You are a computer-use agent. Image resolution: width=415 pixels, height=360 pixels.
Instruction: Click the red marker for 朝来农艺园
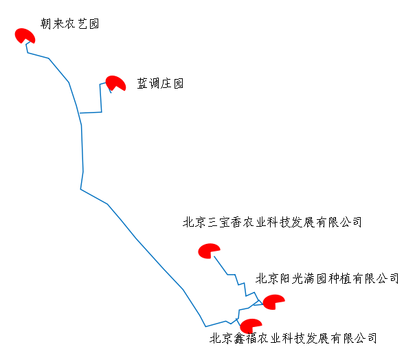tap(25, 36)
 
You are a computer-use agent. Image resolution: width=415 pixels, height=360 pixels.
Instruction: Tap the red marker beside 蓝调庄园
tap(115, 83)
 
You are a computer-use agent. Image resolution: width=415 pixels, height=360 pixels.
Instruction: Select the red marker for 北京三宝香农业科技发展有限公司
tap(208, 251)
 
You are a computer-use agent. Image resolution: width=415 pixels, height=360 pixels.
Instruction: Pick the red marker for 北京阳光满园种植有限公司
tap(273, 302)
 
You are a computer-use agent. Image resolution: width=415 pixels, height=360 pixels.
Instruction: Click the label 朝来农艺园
tap(70, 24)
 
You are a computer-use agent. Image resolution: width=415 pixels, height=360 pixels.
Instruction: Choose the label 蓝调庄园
tap(160, 84)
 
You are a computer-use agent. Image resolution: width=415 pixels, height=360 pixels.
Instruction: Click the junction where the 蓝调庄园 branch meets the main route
tap(79, 113)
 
